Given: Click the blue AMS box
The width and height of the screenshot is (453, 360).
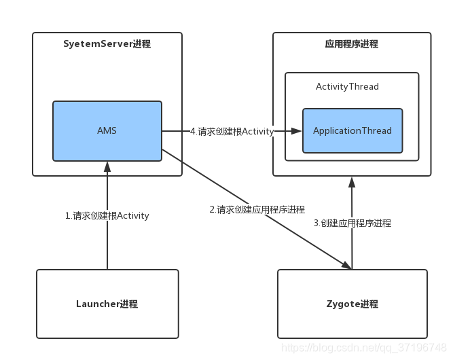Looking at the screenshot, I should pos(107,131).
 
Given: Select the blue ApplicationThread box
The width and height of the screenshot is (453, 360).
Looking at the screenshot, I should pos(352,130).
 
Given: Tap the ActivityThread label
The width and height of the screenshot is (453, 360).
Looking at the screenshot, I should pos(347,87).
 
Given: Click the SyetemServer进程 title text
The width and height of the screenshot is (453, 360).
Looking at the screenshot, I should pos(107,44).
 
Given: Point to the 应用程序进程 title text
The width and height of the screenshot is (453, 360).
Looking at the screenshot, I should pos(351,44).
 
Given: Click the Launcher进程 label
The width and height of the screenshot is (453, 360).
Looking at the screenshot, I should pos(107,304).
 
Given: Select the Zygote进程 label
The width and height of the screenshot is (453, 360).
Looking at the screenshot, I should pos(352,304).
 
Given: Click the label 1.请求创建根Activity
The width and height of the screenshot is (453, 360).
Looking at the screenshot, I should pos(107,216).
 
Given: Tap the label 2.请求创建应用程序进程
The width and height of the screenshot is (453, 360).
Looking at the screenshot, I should pos(257,210).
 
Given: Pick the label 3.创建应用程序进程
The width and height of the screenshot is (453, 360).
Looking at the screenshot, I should pos(352,223).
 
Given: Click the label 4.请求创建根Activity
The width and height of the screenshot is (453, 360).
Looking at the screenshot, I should pos(232,131).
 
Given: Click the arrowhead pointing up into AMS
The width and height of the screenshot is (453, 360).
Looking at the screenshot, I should pos(107,166).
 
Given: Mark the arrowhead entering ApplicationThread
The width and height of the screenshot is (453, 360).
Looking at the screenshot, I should pos(297,131).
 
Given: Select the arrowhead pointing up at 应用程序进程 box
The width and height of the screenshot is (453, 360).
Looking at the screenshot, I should pos(352,181).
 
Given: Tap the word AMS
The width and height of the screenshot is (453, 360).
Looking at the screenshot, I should pos(107,131).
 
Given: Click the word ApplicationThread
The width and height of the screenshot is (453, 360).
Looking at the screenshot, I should pos(352,130).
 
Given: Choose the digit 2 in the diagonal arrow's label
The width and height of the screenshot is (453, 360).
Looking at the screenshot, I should pos(212,210).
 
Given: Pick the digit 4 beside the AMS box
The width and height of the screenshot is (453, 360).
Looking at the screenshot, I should pos(193,131).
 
